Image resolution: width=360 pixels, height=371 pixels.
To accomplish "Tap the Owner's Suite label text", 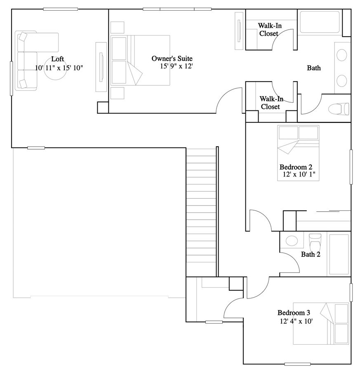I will [172, 59].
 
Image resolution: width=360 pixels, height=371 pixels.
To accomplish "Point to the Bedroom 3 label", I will [294, 312].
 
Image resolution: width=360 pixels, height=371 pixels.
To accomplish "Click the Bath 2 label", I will [311, 254].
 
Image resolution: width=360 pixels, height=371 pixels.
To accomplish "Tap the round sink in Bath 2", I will [292, 241].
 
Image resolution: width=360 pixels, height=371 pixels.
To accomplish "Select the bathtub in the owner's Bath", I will [320, 22].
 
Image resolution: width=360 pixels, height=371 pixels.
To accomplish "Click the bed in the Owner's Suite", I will [140, 60].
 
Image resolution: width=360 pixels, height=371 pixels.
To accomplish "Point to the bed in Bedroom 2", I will [298, 140].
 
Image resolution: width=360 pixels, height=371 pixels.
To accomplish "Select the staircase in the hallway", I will [201, 212].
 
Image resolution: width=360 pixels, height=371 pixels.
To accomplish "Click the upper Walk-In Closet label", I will [268, 29].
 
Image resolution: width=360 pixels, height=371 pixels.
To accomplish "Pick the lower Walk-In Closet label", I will [270, 103].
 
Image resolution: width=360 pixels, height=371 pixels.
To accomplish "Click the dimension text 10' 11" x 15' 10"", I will [59, 67].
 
